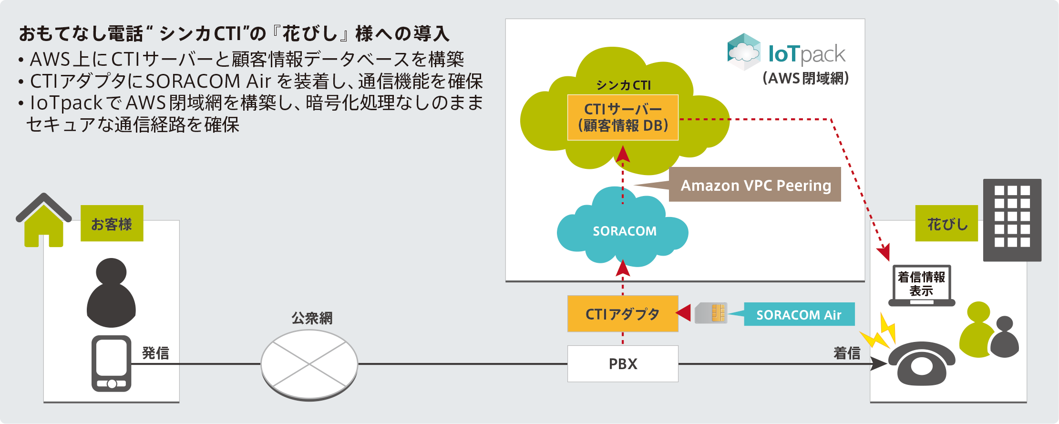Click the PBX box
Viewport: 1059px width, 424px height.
[623, 364]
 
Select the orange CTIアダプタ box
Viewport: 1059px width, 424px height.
[623, 314]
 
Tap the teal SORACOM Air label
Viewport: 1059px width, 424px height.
[799, 315]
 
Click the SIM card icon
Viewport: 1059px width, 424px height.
[711, 313]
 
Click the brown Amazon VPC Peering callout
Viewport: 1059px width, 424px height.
[755, 185]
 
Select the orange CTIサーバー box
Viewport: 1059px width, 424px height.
[623, 117]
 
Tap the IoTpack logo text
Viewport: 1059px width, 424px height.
[806, 54]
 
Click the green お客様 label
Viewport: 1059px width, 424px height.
[112, 224]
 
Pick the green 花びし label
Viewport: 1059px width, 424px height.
[946, 224]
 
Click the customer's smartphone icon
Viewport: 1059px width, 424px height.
[112, 363]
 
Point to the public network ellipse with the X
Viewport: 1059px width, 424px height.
[309, 364]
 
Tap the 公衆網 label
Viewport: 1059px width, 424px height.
[312, 318]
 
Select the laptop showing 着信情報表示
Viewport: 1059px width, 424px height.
[921, 285]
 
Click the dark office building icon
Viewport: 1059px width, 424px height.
[1012, 220]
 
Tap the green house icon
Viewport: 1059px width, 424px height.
[44, 221]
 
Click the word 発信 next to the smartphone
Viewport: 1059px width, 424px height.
[155, 353]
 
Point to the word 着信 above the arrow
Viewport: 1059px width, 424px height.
[847, 353]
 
